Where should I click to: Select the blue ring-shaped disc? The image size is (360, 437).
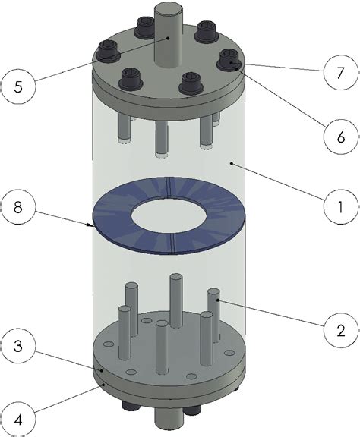[114, 220]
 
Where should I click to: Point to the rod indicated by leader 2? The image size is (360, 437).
[214, 311]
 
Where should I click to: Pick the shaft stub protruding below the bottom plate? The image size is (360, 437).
[166, 419]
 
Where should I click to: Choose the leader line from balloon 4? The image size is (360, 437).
[68, 399]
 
